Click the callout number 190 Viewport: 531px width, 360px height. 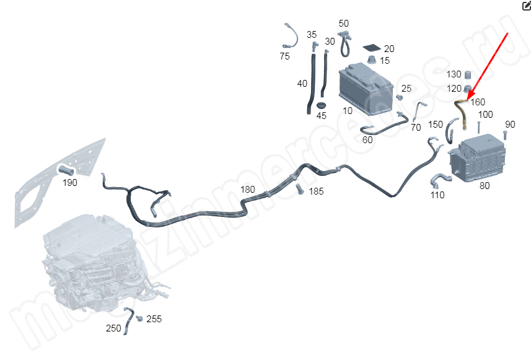pyautogui.click(x=70, y=183)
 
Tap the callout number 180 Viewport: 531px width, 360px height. pyautogui.click(x=248, y=190)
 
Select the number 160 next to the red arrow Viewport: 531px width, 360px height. pyautogui.click(x=478, y=102)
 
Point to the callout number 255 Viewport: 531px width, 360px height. pyautogui.click(x=154, y=319)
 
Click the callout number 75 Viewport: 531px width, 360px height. pyautogui.click(x=285, y=56)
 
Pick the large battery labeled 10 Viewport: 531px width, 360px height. pyautogui.click(x=366, y=89)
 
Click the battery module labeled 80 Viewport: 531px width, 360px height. pyautogui.click(x=477, y=158)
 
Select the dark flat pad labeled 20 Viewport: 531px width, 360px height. pyautogui.click(x=372, y=48)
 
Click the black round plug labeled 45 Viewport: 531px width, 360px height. pyautogui.click(x=321, y=105)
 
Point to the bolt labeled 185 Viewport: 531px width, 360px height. pyautogui.click(x=299, y=189)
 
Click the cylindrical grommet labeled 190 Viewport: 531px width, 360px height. pyautogui.click(x=66, y=170)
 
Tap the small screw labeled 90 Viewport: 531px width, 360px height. pyautogui.click(x=505, y=135)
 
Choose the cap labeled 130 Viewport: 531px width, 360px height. pyautogui.click(x=468, y=74)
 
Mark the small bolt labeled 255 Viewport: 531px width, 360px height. pyautogui.click(x=139, y=318)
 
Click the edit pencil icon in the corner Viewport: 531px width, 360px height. pyautogui.click(x=526, y=6)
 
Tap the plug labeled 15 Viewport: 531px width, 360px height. pyautogui.click(x=372, y=59)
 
